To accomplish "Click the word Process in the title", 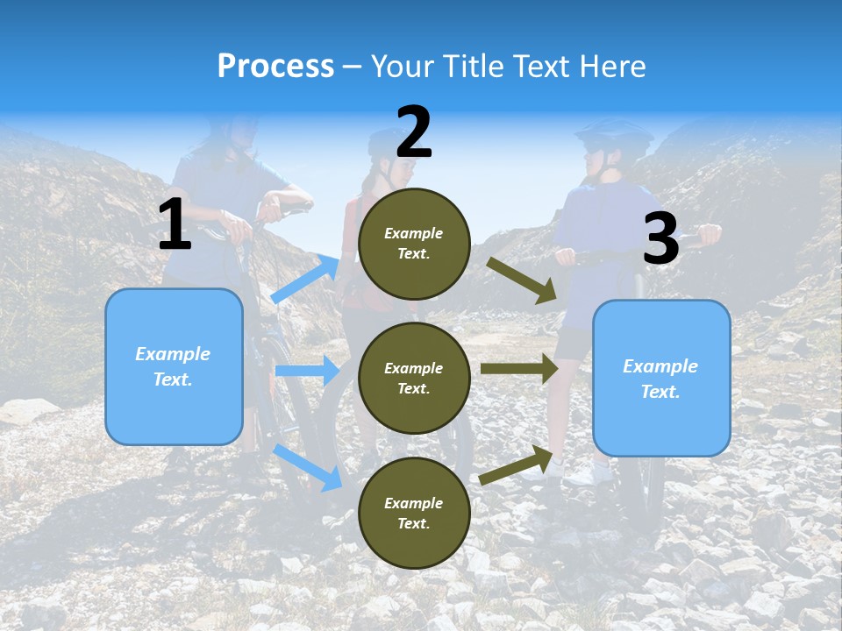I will click(x=275, y=67).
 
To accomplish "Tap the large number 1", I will click(x=174, y=225).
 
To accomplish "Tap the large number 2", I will click(x=414, y=132).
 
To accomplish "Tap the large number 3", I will click(x=660, y=239).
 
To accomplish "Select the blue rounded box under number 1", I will click(x=174, y=366).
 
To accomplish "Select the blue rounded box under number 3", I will click(x=661, y=378).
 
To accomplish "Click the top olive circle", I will click(x=414, y=244).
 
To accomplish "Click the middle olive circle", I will click(x=414, y=378).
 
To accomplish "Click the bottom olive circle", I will click(x=414, y=513).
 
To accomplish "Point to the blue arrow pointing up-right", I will click(x=306, y=279).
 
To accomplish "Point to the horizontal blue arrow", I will click(x=306, y=371).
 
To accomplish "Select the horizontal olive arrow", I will click(x=518, y=369).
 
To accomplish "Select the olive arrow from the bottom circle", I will click(x=517, y=464).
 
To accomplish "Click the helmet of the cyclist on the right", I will click(x=613, y=136).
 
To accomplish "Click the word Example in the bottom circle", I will click(x=414, y=503).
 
